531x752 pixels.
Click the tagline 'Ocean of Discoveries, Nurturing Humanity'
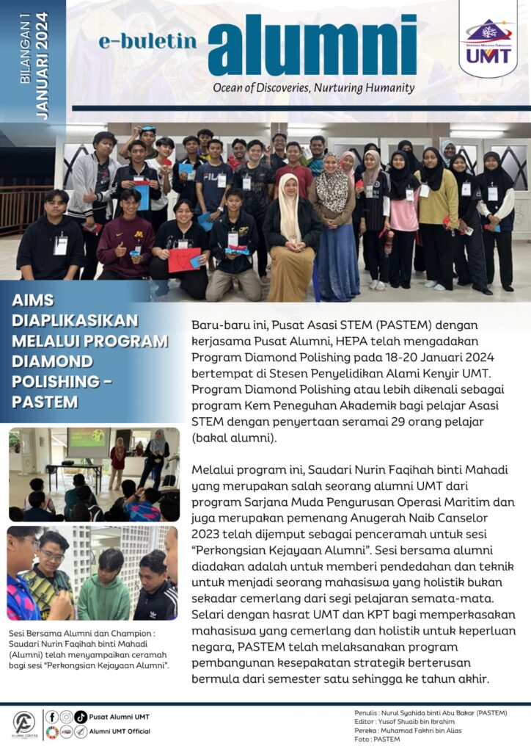pyautogui.click(x=313, y=88)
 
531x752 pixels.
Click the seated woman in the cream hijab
pyautogui.click(x=291, y=236)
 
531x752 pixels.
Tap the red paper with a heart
pyautogui.click(x=183, y=259)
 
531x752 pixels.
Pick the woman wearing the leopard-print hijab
pyautogui.click(x=334, y=228)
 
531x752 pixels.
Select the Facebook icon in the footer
pyautogui.click(x=51, y=717)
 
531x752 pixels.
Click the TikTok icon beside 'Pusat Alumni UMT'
pyautogui.click(x=81, y=717)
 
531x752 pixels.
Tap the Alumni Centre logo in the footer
pyautogui.click(x=24, y=724)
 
